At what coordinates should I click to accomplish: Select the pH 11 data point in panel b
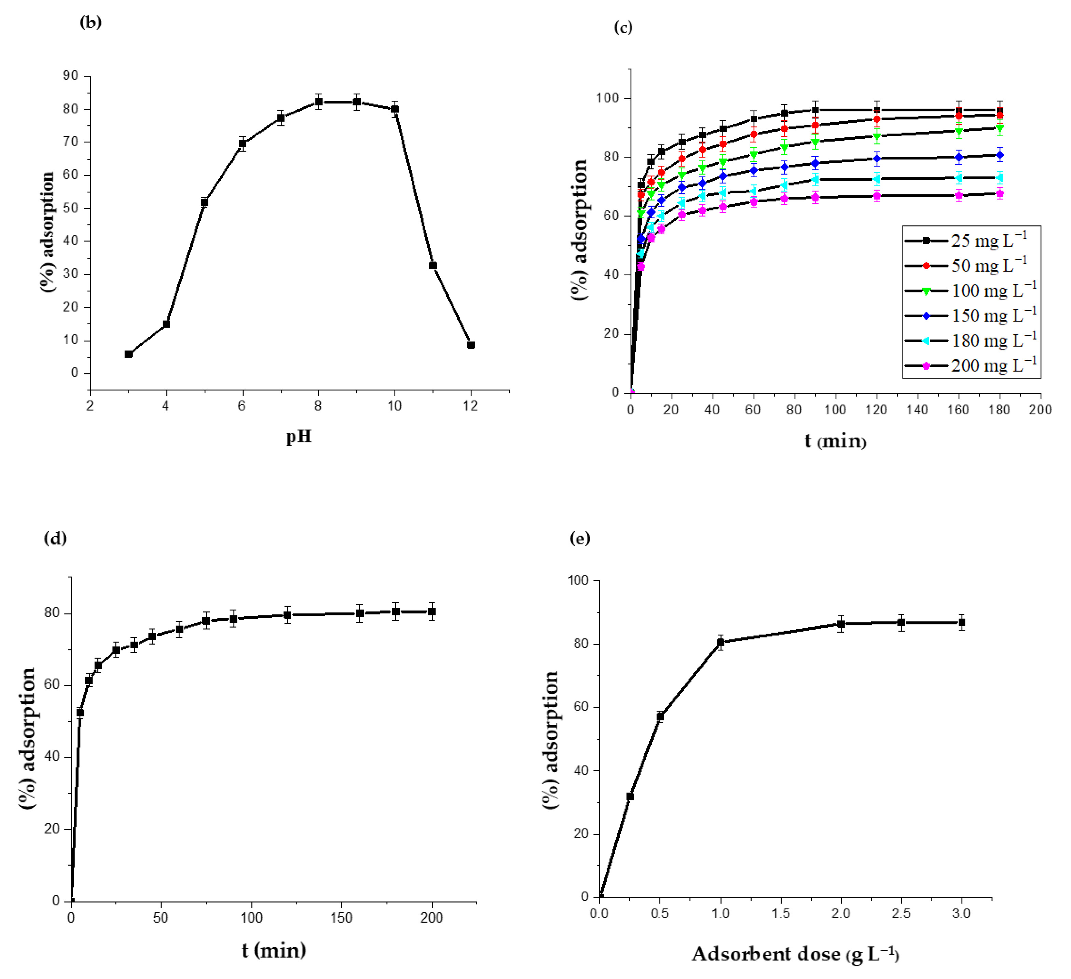(433, 265)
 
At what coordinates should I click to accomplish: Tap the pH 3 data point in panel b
(128, 354)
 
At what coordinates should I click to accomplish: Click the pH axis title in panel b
(299, 437)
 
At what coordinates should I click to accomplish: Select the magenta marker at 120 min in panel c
(877, 196)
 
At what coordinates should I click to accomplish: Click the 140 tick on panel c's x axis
(918, 410)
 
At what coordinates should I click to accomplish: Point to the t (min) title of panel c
(835, 441)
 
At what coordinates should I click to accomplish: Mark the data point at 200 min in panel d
(432, 611)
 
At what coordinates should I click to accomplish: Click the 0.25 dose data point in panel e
(630, 796)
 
